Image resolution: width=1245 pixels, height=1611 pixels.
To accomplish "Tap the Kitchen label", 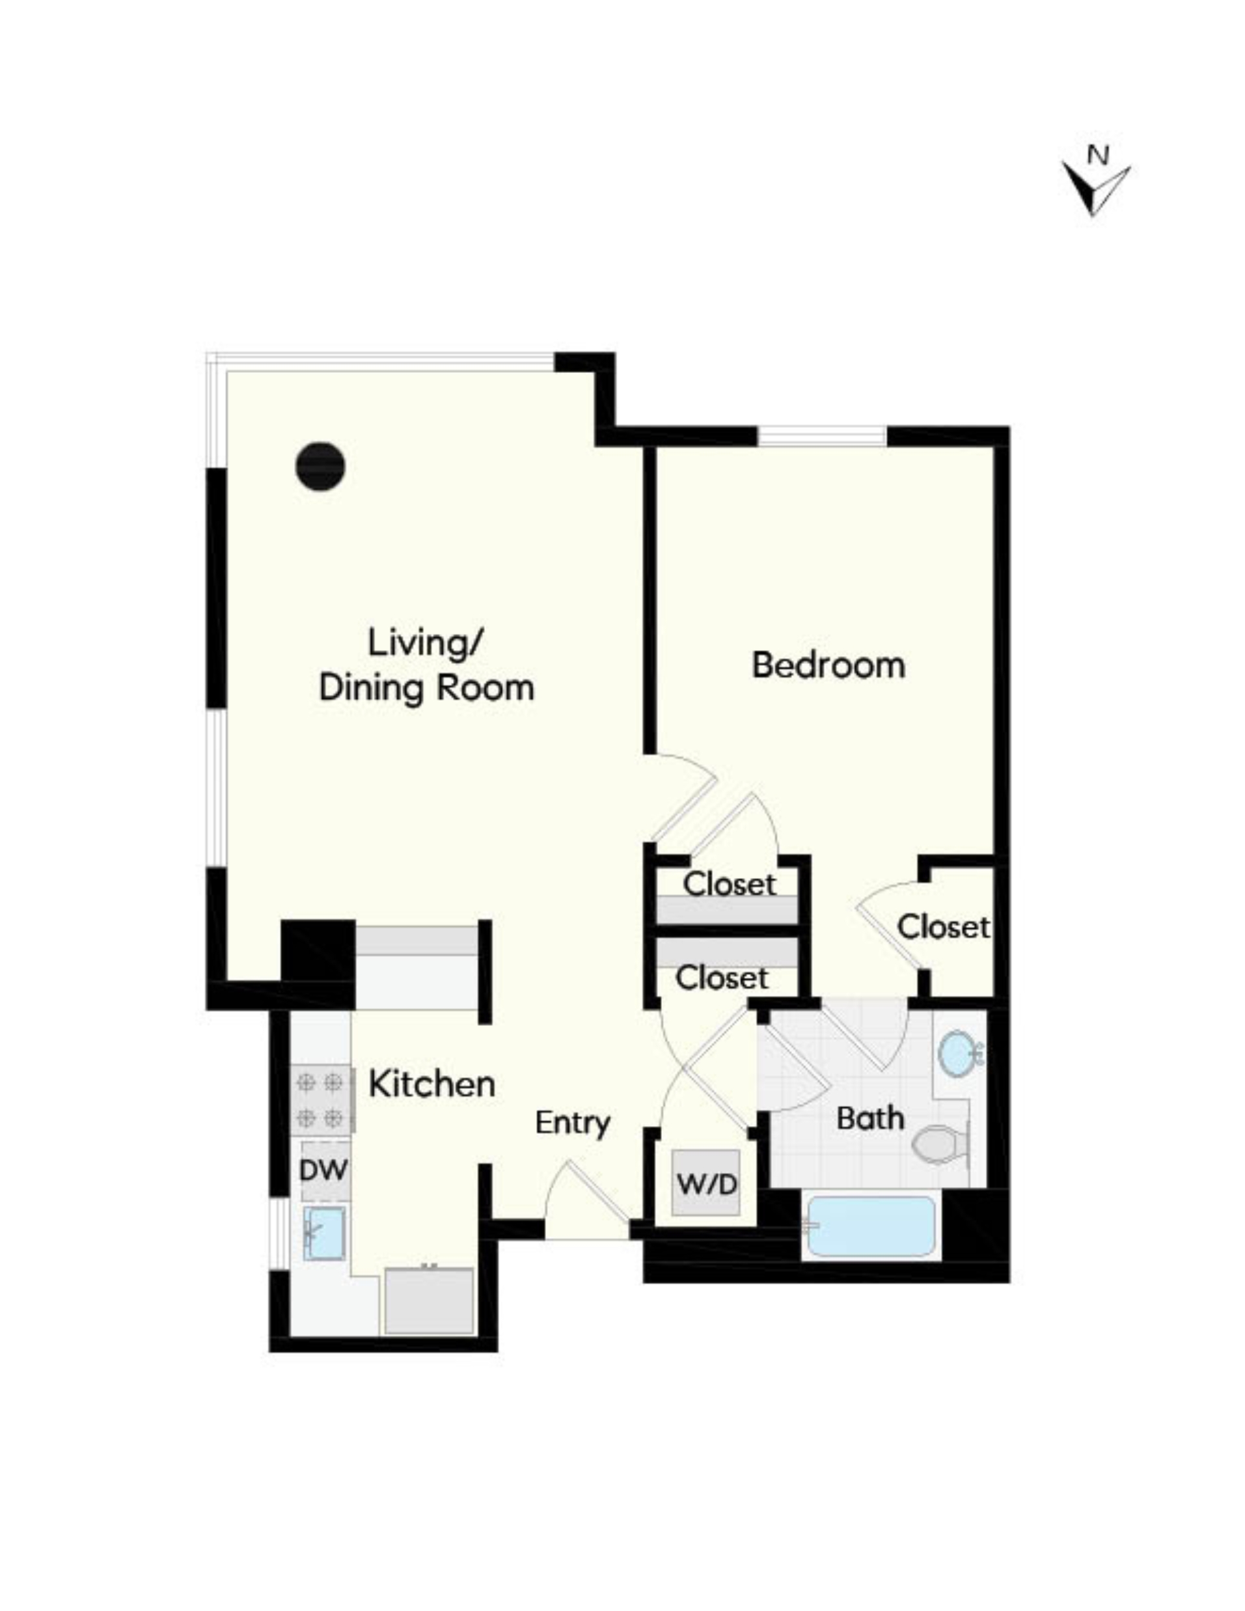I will point(431,1084).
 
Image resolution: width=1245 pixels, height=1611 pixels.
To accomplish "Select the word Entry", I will point(572,1122).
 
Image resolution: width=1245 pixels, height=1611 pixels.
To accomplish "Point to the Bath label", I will point(869,1118).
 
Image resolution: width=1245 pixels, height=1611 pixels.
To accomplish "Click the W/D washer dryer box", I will point(706,1183).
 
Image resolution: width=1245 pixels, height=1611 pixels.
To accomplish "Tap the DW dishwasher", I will point(323,1170).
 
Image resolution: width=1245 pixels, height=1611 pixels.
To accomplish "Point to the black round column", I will point(320,465).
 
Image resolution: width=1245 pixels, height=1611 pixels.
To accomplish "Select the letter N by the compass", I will point(1098,156).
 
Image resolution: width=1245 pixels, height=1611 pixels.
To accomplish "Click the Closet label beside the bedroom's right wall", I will point(942,927).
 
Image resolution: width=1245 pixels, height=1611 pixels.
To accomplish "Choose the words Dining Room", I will point(426,687).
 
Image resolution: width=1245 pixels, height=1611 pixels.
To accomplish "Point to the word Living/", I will point(425,642).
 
